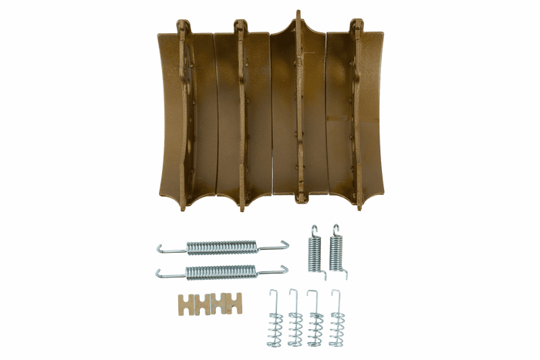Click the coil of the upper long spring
[221, 247]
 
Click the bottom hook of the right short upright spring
[344, 276]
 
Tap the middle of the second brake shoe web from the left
[241, 116]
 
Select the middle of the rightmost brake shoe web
[356, 116]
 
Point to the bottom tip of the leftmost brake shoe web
[184, 208]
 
